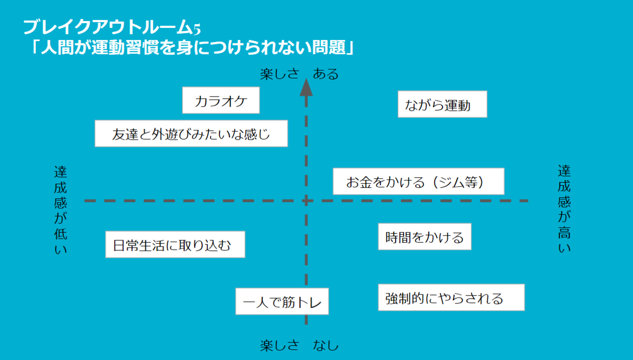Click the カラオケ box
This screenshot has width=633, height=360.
[x=220, y=101]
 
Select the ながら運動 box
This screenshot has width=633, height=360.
[x=442, y=105]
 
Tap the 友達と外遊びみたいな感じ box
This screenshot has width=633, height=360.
[x=191, y=134]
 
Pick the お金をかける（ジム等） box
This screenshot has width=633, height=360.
[x=419, y=182]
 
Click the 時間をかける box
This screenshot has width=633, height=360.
[x=424, y=236]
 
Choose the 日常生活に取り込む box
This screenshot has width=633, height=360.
[x=175, y=245]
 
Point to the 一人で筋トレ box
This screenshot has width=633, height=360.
[x=282, y=302]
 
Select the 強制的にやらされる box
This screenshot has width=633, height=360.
[x=451, y=298]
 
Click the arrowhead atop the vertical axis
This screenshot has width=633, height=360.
[x=306, y=87]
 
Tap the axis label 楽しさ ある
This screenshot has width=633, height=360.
[x=299, y=74]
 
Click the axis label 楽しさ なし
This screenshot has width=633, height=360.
[x=299, y=346]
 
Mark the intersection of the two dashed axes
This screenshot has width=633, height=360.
[x=306, y=201]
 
